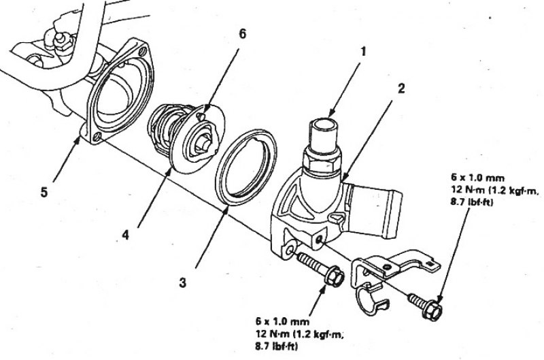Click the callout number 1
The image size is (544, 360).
click(x=363, y=52)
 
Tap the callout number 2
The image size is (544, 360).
click(x=401, y=89)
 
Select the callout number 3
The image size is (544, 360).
click(x=182, y=283)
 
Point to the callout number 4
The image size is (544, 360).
click(x=125, y=235)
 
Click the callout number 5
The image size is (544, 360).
click(x=44, y=193)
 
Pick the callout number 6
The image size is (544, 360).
click(x=242, y=34)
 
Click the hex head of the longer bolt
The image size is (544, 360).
click(x=335, y=276)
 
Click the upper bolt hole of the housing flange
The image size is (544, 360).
click(x=142, y=52)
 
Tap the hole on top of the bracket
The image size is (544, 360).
click(x=388, y=267)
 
